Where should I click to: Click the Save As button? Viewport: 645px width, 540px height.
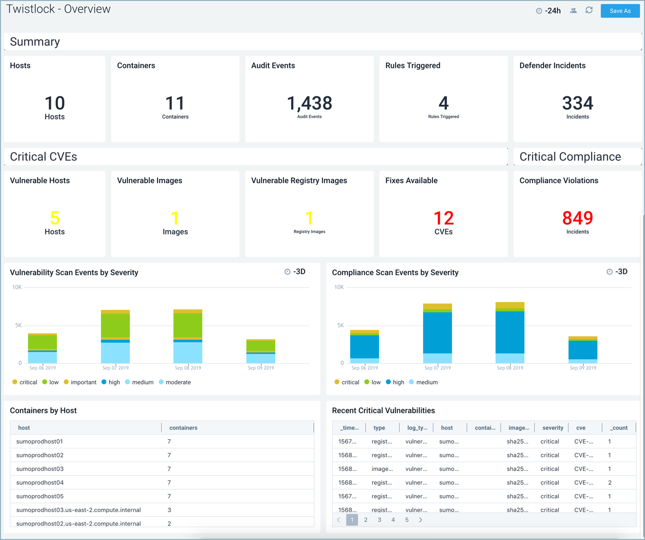620,11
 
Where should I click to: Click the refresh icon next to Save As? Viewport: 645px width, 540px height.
589,10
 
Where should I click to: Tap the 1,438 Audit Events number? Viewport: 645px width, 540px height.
309,103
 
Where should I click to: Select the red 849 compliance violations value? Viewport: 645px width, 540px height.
577,218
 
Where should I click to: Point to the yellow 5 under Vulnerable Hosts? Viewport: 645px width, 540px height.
54,218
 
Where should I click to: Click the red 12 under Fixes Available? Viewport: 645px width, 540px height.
443,218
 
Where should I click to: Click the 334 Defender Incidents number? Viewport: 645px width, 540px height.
577,103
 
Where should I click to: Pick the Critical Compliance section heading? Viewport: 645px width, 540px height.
570,157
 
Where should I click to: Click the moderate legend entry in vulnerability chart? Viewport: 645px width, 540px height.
178,382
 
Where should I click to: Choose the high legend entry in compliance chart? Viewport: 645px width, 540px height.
398,382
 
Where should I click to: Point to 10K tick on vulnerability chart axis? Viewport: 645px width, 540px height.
17,287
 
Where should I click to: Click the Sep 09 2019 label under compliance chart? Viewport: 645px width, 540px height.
583,368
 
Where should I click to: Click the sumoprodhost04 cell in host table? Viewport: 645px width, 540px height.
40,483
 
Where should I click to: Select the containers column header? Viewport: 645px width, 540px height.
183,428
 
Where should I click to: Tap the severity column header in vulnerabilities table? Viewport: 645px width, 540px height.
552,428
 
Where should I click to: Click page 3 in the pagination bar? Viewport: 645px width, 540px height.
379,520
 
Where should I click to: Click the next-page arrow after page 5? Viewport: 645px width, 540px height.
420,520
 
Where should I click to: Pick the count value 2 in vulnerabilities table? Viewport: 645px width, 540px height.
610,483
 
